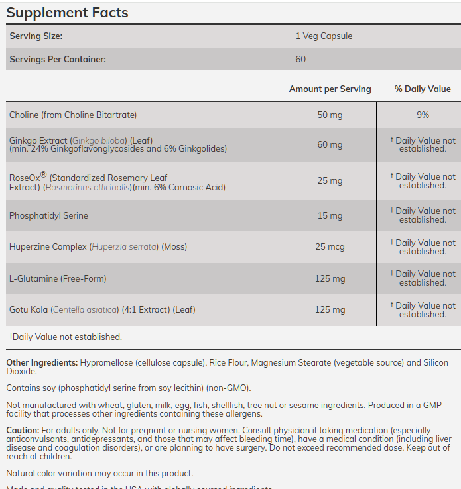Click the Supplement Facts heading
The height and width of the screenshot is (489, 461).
point(67,13)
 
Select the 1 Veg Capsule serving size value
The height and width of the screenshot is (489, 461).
point(324,36)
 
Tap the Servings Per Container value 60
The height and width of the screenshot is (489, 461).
point(300,60)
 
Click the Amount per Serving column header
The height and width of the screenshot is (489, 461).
point(330,89)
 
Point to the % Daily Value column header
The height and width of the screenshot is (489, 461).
point(423,89)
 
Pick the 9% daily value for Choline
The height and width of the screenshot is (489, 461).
point(423,115)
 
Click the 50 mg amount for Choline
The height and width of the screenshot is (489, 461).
point(330,115)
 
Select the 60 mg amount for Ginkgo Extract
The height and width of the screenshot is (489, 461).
point(330,145)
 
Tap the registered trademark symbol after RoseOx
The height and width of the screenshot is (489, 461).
point(44,175)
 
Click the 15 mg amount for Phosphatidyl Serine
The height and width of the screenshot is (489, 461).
point(330,216)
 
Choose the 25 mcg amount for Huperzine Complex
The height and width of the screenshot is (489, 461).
point(330,247)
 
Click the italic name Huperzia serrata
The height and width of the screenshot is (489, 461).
point(121,247)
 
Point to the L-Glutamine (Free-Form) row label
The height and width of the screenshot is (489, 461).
point(58,279)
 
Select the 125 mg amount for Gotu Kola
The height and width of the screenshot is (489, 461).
point(330,310)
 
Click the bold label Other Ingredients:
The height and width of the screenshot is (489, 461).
point(42,363)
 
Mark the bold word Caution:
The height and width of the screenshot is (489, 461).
point(23,431)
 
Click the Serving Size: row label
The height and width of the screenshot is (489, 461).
point(36,36)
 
